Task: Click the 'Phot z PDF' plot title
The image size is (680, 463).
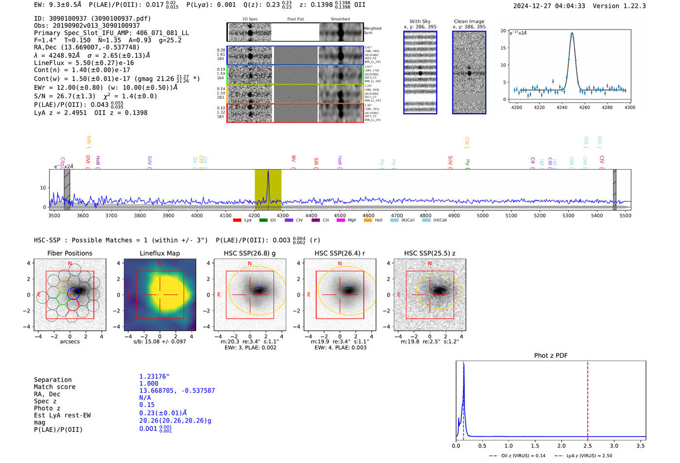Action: (550, 356)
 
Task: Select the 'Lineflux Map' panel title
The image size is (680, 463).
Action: (159, 253)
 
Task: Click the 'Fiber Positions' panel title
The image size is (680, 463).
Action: (69, 253)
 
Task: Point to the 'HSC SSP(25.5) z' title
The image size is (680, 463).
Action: (429, 253)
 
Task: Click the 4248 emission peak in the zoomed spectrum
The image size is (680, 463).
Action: (572, 34)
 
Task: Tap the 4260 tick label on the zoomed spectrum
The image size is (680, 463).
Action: (584, 107)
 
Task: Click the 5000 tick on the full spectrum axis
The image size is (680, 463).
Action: (482, 215)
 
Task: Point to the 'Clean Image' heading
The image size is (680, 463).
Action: (469, 21)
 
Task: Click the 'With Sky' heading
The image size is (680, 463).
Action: (420, 21)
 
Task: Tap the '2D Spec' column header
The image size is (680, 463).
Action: (250, 19)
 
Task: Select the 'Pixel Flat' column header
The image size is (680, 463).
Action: (295, 19)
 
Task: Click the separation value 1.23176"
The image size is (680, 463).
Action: (154, 377)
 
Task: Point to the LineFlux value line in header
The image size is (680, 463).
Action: (84, 63)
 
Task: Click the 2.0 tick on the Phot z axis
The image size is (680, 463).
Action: (561, 446)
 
